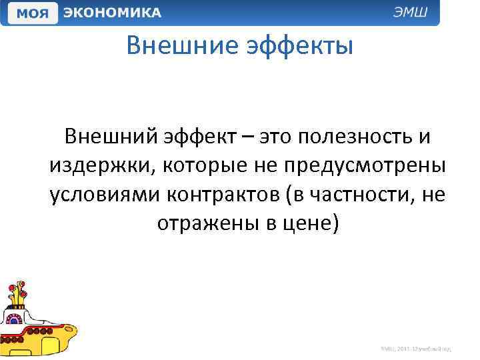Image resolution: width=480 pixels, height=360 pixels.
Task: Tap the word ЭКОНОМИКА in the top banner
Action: tap(112, 13)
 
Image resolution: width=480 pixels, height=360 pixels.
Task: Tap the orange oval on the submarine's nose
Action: tap(66, 327)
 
